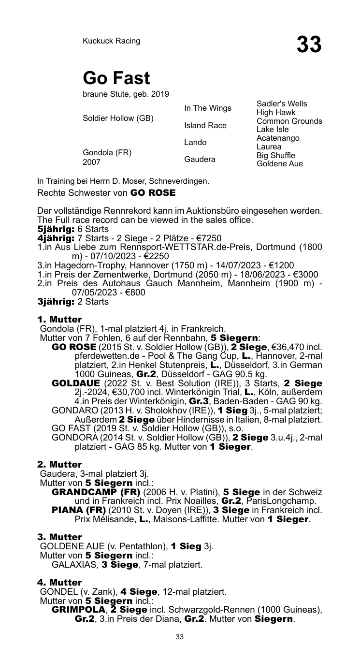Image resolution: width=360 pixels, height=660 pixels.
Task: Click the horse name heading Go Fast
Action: [x=116, y=78]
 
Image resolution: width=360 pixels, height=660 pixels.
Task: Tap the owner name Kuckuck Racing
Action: [x=111, y=41]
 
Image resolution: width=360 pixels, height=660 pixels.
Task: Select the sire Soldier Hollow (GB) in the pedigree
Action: [x=118, y=118]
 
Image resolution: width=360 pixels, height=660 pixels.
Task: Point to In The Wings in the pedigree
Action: [x=208, y=108]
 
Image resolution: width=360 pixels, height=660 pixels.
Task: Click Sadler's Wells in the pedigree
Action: [x=282, y=104]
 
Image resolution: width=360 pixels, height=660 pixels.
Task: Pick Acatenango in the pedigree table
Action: [x=278, y=138]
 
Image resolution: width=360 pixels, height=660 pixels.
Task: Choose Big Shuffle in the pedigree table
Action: [x=275, y=155]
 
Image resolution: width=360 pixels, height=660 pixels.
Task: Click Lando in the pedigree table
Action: [x=195, y=142]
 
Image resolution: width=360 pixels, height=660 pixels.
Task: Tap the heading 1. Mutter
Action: [x=59, y=319]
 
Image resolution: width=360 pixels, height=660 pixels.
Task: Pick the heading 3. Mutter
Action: [x=59, y=537]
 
